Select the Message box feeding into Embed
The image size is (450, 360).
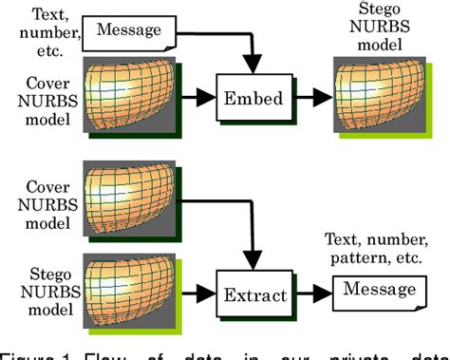tap(130, 31)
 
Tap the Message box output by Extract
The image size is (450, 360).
tap(377, 289)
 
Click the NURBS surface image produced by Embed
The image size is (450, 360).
tap(375, 95)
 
